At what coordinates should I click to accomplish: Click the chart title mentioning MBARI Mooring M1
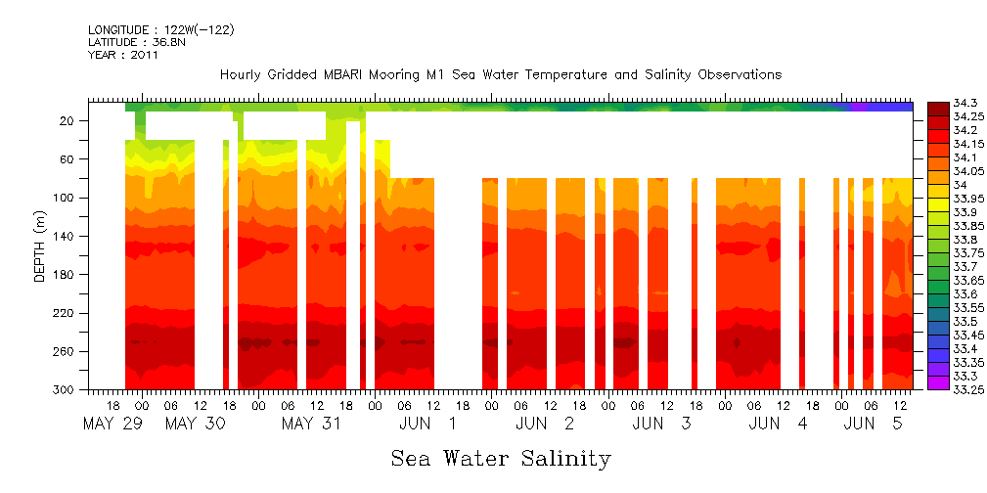[500, 75]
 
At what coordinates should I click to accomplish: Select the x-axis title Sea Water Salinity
[501, 458]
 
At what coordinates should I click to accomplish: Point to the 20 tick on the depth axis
[67, 120]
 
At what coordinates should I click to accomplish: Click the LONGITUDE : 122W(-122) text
[160, 30]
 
